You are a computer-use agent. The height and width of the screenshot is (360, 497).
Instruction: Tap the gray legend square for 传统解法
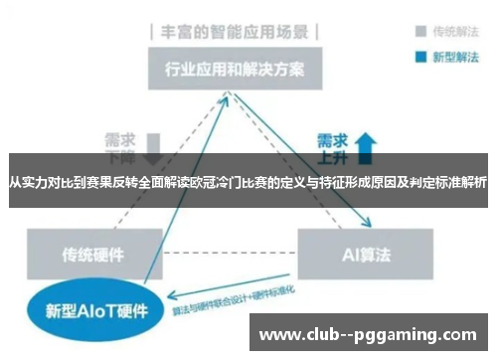pyautogui.click(x=411, y=30)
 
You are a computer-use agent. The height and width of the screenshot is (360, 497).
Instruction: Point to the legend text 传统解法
pyautogui.click(x=448, y=30)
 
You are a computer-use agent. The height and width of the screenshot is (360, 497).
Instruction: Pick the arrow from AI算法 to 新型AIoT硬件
pyautogui.click(x=239, y=291)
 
